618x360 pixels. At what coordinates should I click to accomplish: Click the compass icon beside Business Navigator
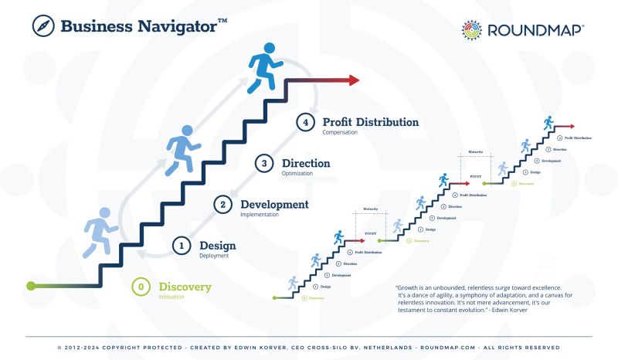(42, 25)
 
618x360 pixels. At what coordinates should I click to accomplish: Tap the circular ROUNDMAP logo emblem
(472, 30)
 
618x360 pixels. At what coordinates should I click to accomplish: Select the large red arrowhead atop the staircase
(353, 80)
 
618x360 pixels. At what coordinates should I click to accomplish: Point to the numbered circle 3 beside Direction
(264, 164)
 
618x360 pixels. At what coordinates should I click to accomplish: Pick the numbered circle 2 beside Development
(222, 205)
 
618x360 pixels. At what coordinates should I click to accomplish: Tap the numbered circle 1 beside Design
(182, 246)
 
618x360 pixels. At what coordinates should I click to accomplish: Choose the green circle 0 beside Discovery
(141, 287)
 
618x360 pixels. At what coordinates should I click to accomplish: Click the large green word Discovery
(185, 287)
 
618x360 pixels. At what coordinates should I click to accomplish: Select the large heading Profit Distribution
(371, 122)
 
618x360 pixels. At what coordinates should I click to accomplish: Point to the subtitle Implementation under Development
(260, 215)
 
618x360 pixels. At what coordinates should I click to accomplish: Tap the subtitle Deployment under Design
(214, 256)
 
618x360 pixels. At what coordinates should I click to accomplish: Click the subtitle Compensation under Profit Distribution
(340, 133)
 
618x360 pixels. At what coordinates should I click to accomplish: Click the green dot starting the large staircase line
(31, 286)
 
